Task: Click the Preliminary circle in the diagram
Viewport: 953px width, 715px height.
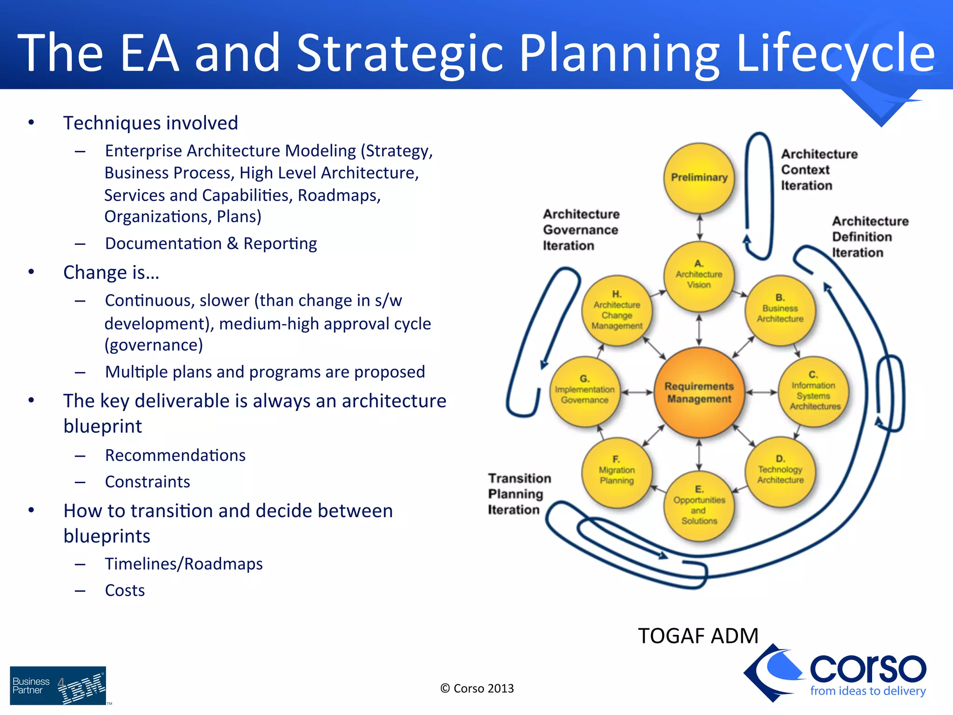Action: pos(699,178)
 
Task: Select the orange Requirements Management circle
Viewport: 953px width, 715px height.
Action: pos(699,392)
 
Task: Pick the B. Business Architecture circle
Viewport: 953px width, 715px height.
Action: pos(780,310)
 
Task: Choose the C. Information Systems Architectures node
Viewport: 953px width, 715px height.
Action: pos(813,391)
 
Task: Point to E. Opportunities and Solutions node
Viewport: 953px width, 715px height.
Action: pos(699,506)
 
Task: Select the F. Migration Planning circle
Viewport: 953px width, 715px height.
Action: pos(617,472)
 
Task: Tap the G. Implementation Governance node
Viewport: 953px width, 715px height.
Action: pos(585,391)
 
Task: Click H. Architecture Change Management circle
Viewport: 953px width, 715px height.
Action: pos(617,310)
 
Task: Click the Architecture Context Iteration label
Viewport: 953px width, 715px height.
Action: pos(819,170)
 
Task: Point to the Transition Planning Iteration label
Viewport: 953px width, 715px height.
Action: pos(519,494)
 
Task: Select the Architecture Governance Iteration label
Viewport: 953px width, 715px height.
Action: pos(581,230)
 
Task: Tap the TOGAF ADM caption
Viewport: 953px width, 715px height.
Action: pos(698,636)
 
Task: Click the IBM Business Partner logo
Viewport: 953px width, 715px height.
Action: pos(58,686)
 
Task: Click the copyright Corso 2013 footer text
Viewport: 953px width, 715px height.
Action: pos(477,688)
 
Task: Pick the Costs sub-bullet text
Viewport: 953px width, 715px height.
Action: pos(125,590)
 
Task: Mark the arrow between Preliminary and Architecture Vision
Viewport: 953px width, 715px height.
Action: pos(699,228)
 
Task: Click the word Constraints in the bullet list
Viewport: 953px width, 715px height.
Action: pos(148,482)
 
